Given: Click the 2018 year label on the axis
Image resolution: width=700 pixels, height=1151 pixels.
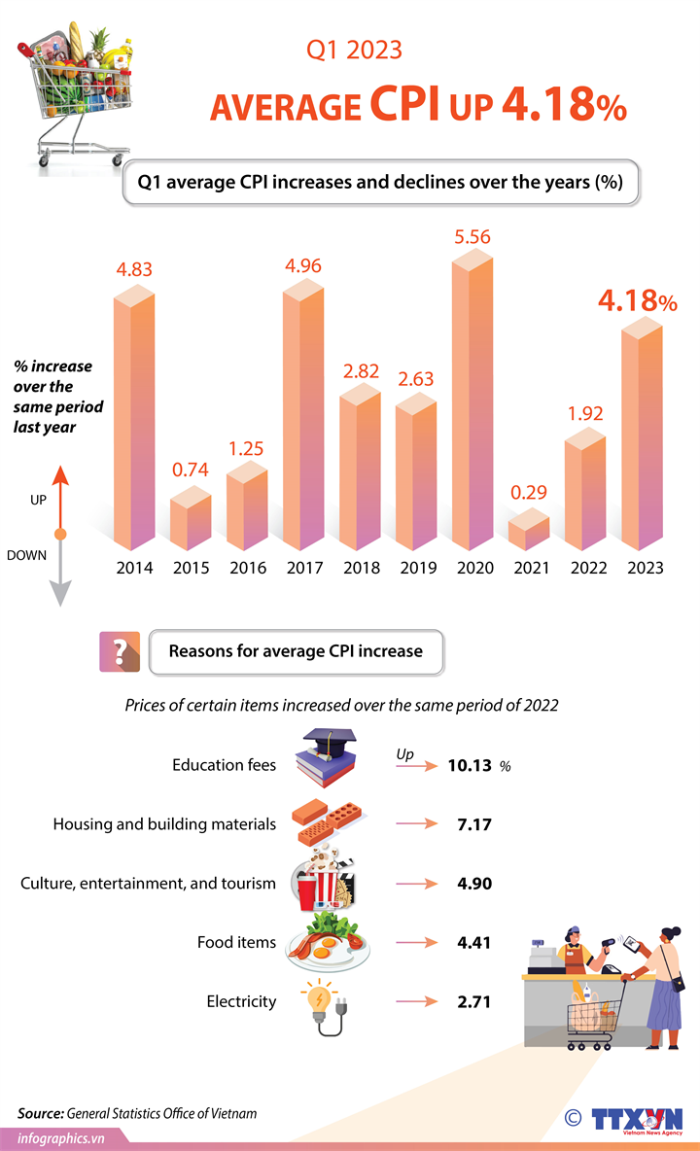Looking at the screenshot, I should point(361,568).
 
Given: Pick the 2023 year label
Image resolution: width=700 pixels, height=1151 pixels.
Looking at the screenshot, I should point(646,568).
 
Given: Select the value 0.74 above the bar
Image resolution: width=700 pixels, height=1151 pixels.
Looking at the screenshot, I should point(191,471).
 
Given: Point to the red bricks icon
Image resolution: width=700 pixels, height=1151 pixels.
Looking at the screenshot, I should point(320,819).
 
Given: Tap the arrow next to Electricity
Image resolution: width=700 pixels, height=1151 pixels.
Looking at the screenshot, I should point(418,1001).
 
